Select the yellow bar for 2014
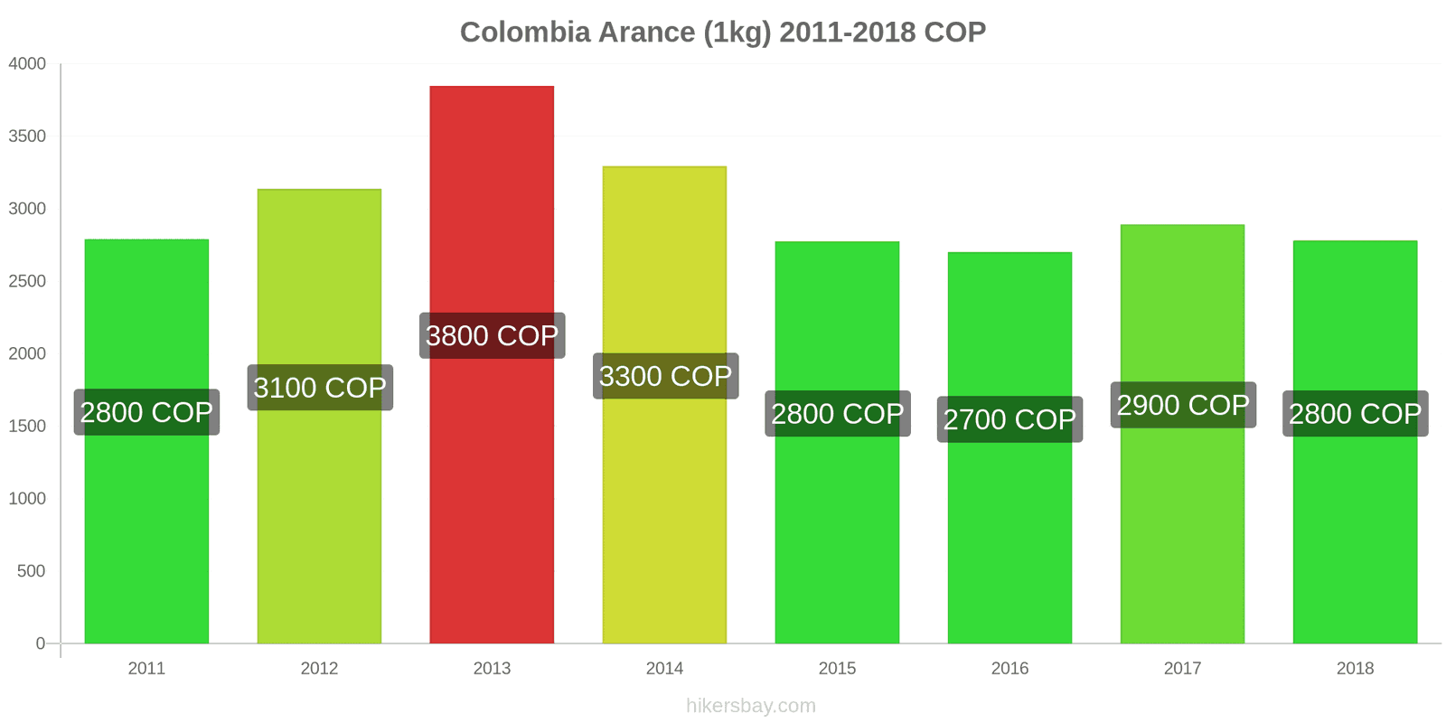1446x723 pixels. [x=664, y=506]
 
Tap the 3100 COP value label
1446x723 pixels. [x=320, y=388]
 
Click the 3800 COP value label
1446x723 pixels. [x=492, y=335]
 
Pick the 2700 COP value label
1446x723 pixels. [x=1009, y=419]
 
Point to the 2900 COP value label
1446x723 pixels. [x=1182, y=405]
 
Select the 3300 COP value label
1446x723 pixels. [x=665, y=376]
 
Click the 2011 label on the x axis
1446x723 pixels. [x=146, y=668]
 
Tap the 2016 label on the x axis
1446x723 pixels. [x=1009, y=668]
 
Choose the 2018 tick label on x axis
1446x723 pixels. [x=1355, y=668]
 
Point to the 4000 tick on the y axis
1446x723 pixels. [x=27, y=63]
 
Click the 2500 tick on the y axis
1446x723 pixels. [x=27, y=281]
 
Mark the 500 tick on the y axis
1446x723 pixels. [x=31, y=570]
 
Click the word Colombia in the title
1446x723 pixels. [x=525, y=32]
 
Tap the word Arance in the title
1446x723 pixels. [x=647, y=32]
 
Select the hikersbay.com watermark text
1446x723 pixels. [x=750, y=706]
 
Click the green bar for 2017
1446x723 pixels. [x=1182, y=542]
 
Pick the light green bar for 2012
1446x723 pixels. [x=319, y=524]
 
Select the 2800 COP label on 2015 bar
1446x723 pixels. [x=837, y=413]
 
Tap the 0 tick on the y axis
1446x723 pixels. [x=40, y=643]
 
